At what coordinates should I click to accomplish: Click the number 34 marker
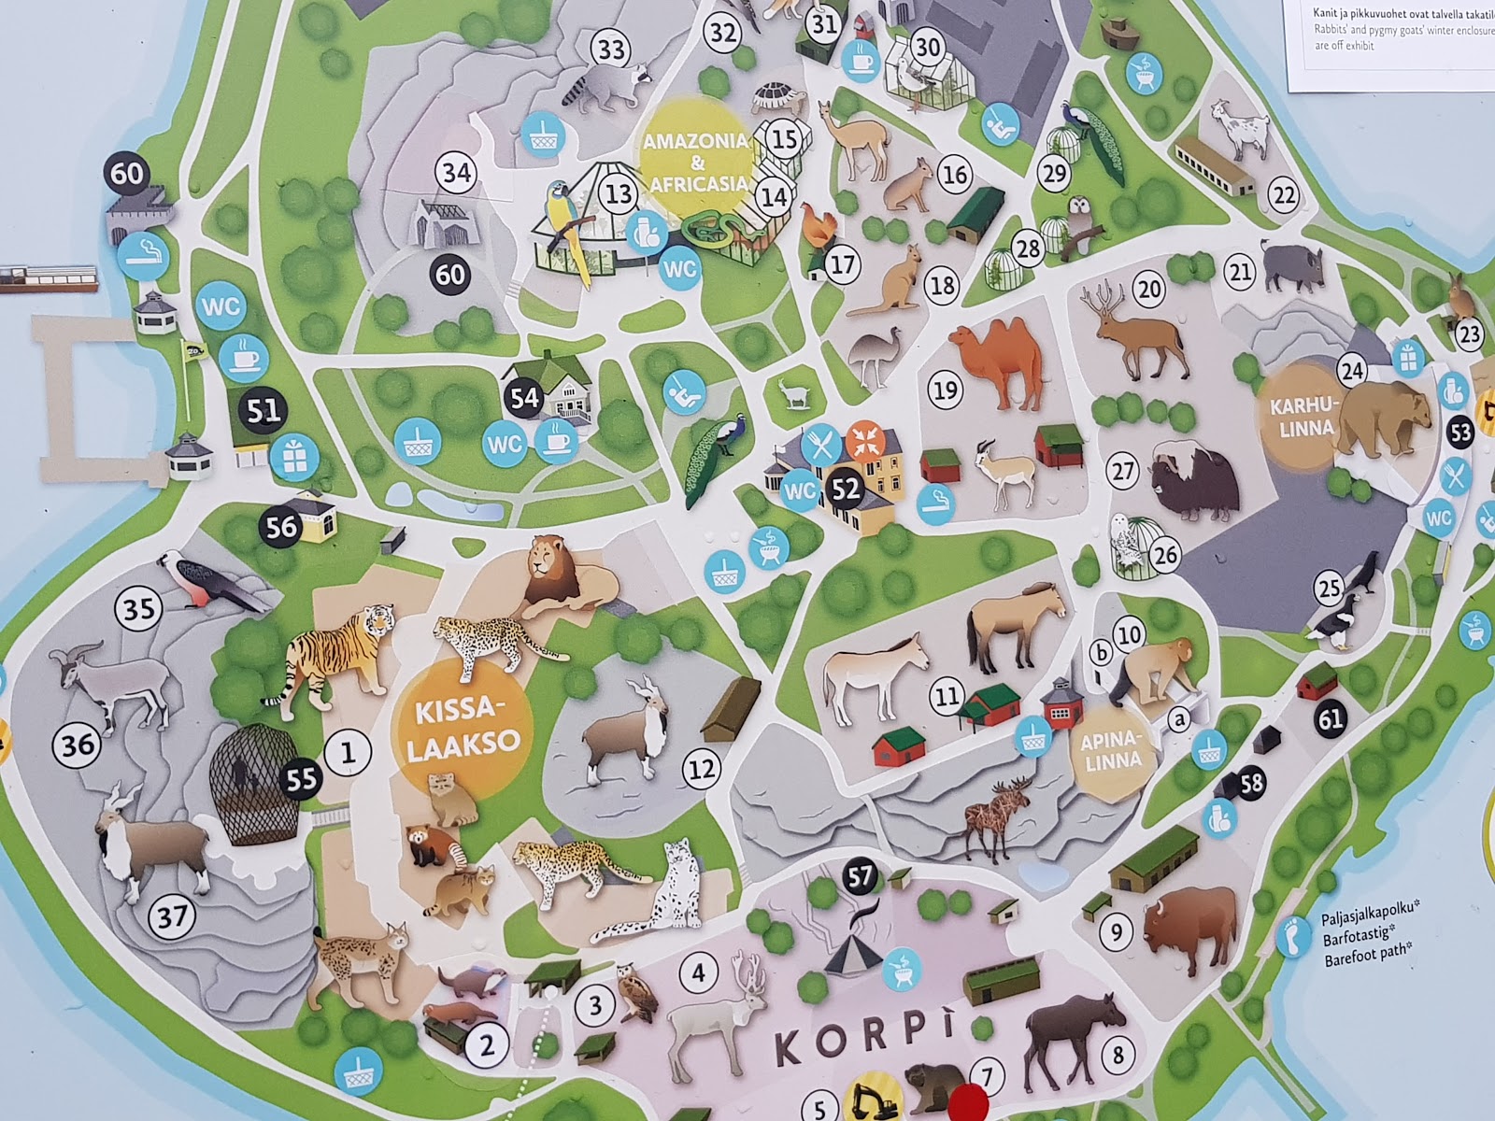point(457,173)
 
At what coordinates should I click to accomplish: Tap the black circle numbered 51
point(263,411)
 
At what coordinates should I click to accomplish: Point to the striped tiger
point(336,653)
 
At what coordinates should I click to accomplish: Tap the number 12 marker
point(702,768)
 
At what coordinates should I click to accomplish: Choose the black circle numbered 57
point(860,876)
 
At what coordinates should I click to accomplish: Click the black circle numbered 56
point(281,526)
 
